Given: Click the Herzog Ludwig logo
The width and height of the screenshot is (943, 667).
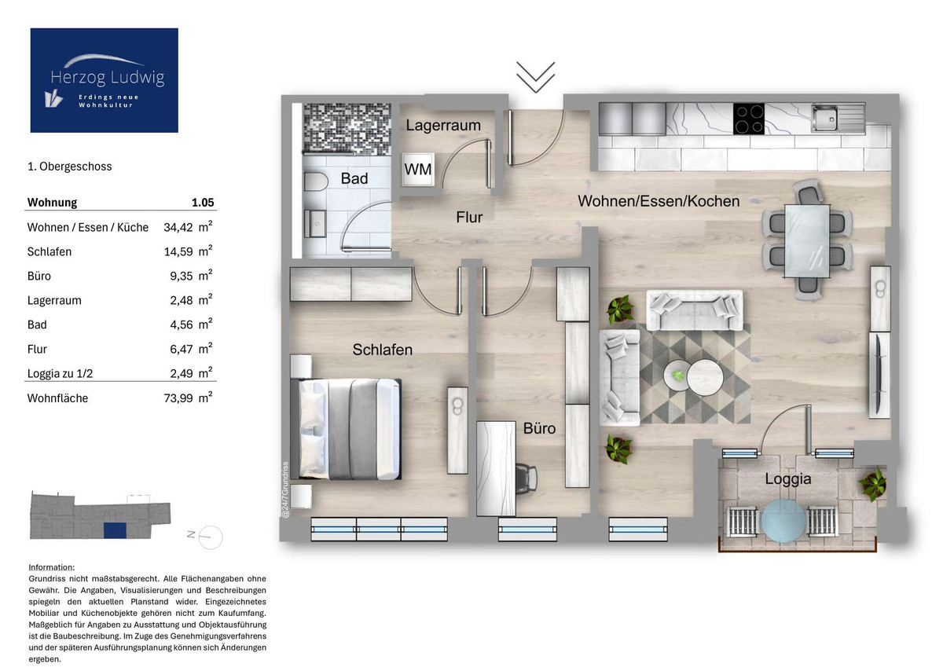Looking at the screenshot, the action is pyautogui.click(x=104, y=80).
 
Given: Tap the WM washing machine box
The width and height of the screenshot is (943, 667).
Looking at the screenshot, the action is pyautogui.click(x=417, y=169).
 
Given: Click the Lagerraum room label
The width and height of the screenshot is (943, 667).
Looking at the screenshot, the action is pyautogui.click(x=443, y=125).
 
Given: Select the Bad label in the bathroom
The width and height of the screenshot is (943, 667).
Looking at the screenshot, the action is pyautogui.click(x=354, y=178).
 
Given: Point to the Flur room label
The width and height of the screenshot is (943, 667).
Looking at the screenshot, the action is pyautogui.click(x=469, y=217).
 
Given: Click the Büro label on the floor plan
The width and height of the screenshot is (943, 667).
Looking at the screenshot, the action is pyautogui.click(x=539, y=428).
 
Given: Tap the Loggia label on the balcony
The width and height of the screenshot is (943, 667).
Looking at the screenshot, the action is pyautogui.click(x=787, y=479).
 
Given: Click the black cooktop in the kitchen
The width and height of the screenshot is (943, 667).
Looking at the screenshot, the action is pyautogui.click(x=748, y=119).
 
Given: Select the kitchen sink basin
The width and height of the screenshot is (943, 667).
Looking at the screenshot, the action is pyautogui.click(x=824, y=119).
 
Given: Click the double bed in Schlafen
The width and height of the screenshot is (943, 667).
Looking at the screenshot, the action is pyautogui.click(x=345, y=429).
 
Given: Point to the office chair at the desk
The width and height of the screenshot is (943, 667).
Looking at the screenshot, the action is pyautogui.click(x=527, y=477).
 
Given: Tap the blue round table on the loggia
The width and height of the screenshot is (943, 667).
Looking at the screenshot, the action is pyautogui.click(x=783, y=521).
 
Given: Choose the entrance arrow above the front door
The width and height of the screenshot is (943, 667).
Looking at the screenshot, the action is pyautogui.click(x=535, y=77).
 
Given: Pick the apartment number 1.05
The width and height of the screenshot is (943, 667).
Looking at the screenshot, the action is pyautogui.click(x=203, y=203).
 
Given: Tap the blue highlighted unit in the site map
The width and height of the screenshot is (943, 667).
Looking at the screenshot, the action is pyautogui.click(x=115, y=530).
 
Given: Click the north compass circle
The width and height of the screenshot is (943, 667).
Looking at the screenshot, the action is pyautogui.click(x=210, y=537).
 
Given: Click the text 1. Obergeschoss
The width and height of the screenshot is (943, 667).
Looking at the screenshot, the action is pyautogui.click(x=69, y=167).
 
